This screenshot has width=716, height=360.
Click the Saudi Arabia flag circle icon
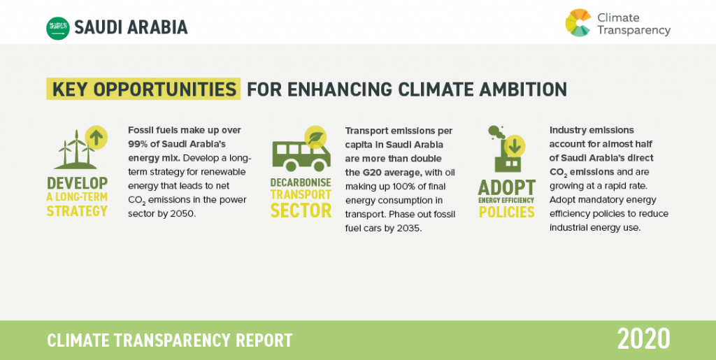[58, 28]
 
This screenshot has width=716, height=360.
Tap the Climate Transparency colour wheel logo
[578, 22]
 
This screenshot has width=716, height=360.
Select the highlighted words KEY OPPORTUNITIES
[144, 89]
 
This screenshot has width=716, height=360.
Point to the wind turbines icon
[76, 150]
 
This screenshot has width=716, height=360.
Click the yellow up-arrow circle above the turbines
[96, 137]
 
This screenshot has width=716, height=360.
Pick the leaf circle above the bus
[315, 137]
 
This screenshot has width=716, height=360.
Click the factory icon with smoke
[507, 149]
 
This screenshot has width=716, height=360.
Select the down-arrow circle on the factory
[514, 147]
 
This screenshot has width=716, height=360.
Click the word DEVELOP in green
[77, 183]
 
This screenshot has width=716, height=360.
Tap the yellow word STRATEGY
[77, 211]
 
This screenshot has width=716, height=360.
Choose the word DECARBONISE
[301, 182]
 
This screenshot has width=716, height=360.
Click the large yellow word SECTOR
[301, 211]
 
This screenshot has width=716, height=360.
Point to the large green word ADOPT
[506, 187]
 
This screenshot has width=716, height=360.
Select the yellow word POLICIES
[506, 212]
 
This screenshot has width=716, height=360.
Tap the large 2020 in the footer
[643, 340]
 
